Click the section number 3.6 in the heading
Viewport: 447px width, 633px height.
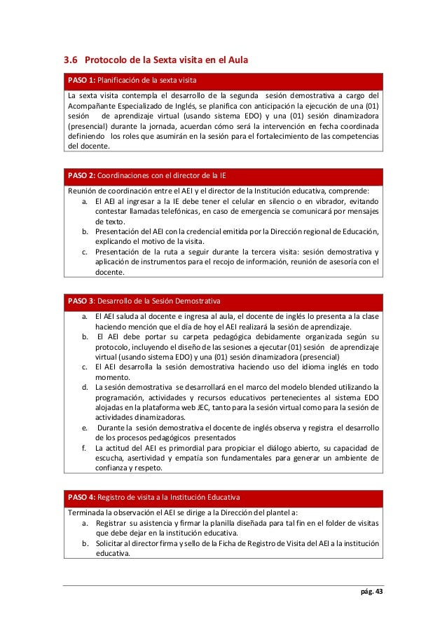[x=71, y=60]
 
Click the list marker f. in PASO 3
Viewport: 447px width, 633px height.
[x=84, y=448]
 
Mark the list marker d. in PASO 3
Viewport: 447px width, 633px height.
[x=84, y=386]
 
